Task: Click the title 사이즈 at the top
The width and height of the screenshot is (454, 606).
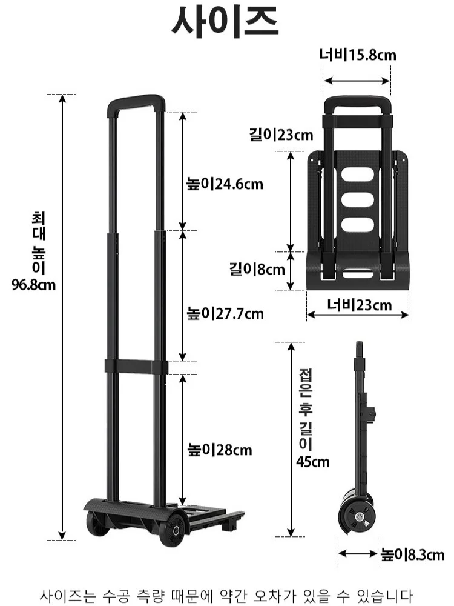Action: tap(225, 22)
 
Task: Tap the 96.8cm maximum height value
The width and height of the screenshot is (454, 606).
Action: tap(33, 285)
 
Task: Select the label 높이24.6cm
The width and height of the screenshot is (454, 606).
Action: tap(225, 184)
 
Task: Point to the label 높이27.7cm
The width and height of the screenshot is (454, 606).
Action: tap(225, 313)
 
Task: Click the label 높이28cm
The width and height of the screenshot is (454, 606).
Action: tap(220, 450)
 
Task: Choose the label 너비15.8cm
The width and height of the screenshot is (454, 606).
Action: tap(358, 55)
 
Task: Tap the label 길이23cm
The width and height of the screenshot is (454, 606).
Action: tap(281, 135)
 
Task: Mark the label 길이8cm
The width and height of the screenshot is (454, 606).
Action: tap(257, 269)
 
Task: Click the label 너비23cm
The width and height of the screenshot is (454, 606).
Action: tap(360, 305)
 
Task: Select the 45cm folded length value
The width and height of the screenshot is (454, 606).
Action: tap(313, 462)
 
